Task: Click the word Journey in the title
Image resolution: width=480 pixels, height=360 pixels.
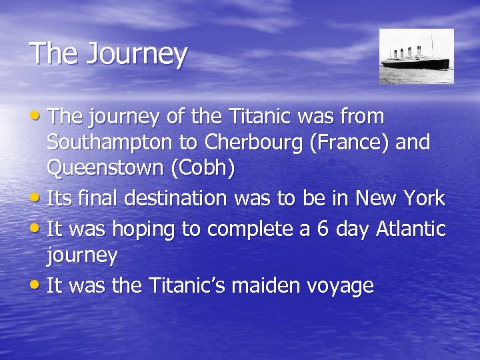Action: [136, 55]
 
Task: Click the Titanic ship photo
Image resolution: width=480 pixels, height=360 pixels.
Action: [416, 56]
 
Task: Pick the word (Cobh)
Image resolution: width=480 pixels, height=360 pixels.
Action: [203, 169]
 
